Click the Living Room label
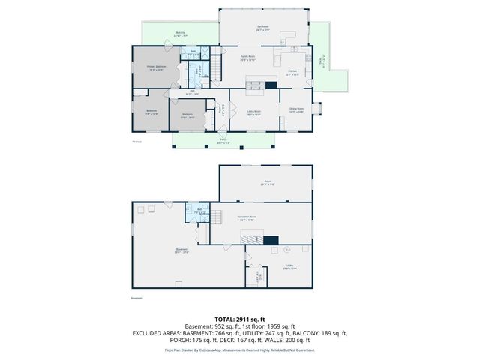click(253, 113)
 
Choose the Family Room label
click(248, 58)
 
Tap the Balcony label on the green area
click(181, 34)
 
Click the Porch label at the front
click(223, 140)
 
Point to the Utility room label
click(290, 266)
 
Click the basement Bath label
click(200, 211)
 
